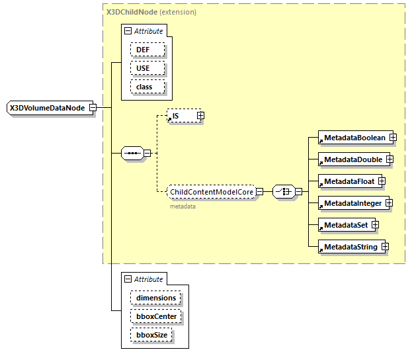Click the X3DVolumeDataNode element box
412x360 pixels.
tap(48, 108)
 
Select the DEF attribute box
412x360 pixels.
tap(147, 50)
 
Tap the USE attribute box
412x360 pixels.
tap(147, 68)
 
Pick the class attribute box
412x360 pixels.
tap(147, 87)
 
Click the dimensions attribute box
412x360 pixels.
tap(156, 298)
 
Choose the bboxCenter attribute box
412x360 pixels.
tap(156, 316)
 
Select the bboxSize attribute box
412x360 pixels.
tap(152, 335)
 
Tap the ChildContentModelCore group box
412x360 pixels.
tap(212, 192)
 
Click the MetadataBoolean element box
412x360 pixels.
tap(353, 138)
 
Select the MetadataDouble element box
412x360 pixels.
tap(352, 159)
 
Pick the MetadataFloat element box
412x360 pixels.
tap(348, 181)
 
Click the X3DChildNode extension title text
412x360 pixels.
tap(151, 12)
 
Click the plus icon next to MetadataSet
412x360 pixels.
tap(375, 225)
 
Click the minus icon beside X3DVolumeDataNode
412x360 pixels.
tap(93, 108)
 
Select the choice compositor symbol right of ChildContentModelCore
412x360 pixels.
tap(282, 192)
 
